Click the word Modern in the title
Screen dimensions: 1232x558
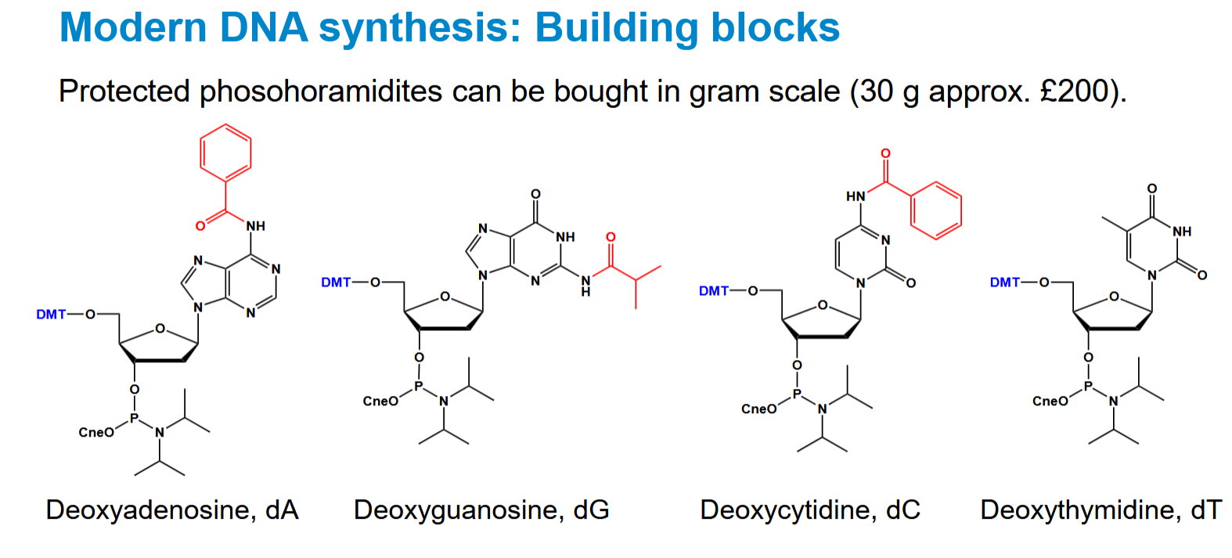(133, 27)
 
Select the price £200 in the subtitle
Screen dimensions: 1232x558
(1074, 91)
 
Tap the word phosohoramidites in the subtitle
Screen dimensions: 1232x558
(321, 92)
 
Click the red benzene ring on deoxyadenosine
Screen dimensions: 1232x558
(225, 153)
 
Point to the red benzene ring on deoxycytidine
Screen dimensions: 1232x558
(936, 211)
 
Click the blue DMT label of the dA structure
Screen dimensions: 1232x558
(51, 315)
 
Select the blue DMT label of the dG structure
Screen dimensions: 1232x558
(336, 283)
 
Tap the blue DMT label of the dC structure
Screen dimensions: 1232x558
(713, 291)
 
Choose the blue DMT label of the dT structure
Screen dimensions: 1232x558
(1004, 283)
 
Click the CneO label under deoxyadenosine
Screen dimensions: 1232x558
(96, 433)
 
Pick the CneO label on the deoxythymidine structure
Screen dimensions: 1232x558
(1050, 401)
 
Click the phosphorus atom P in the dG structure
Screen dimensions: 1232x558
(419, 387)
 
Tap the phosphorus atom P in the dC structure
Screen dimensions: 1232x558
(796, 394)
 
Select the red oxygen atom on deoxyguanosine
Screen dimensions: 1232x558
(611, 237)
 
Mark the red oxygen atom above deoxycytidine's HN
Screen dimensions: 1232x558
(885, 153)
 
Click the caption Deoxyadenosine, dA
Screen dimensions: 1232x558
(172, 510)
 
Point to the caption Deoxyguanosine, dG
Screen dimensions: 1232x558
(481, 510)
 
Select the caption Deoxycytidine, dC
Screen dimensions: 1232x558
(809, 510)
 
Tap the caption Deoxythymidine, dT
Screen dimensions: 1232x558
(1101, 510)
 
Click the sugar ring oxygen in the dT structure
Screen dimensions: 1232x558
(1114, 297)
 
